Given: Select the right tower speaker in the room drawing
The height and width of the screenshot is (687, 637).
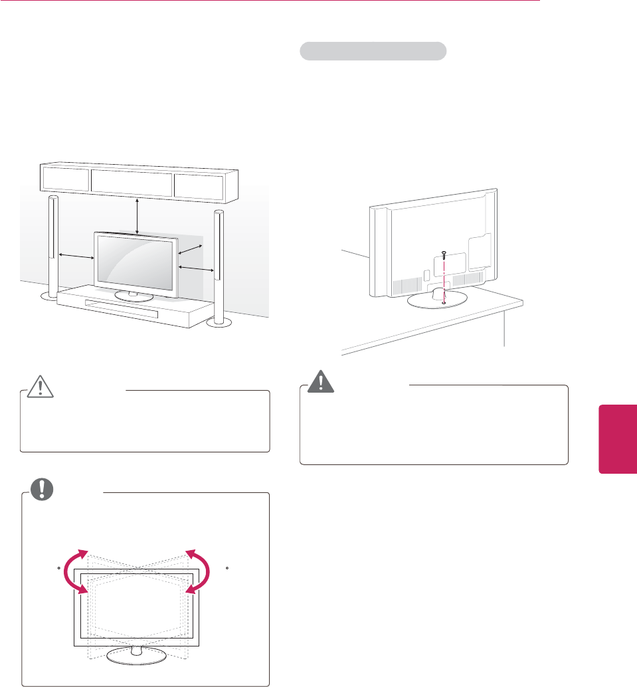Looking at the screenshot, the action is (x=217, y=266).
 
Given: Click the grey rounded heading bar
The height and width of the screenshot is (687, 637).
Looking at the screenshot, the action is (x=373, y=51).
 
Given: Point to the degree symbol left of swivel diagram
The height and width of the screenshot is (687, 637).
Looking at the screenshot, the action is (x=59, y=568).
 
